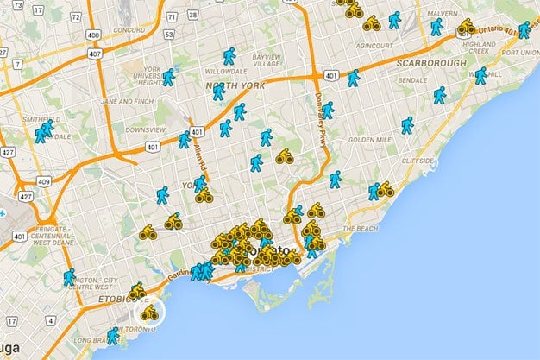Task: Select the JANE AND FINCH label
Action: [128, 100]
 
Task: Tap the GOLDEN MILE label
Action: [369, 139]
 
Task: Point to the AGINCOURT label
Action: [378, 45]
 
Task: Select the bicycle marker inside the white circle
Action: [149, 312]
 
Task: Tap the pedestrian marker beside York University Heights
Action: [168, 77]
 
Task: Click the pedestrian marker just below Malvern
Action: [436, 27]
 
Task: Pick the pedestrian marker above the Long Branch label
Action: [113, 335]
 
